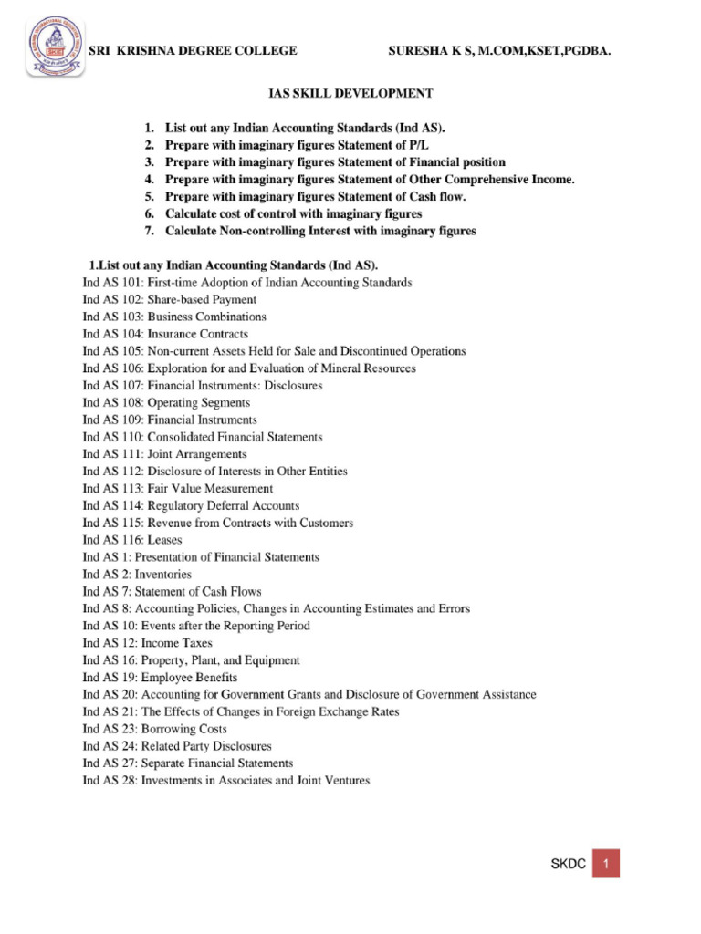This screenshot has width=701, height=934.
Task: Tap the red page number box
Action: point(606,863)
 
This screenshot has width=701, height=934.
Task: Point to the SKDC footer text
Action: point(564,864)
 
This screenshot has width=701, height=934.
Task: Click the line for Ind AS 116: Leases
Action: point(132,540)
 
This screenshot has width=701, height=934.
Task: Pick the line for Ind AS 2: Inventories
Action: point(137,575)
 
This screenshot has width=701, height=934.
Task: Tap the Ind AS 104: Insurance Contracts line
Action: point(165,335)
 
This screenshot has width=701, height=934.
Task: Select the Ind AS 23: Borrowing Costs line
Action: point(154,729)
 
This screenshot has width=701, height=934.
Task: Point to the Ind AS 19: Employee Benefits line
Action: point(160,678)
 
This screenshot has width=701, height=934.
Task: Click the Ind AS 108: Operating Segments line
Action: point(166,402)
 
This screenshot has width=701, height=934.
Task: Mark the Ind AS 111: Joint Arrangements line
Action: point(164,454)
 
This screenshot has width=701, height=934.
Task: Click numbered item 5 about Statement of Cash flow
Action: point(315,196)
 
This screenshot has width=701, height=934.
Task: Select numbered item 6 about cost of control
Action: point(293,213)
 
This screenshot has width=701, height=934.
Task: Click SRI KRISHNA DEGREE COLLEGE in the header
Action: point(192,51)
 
